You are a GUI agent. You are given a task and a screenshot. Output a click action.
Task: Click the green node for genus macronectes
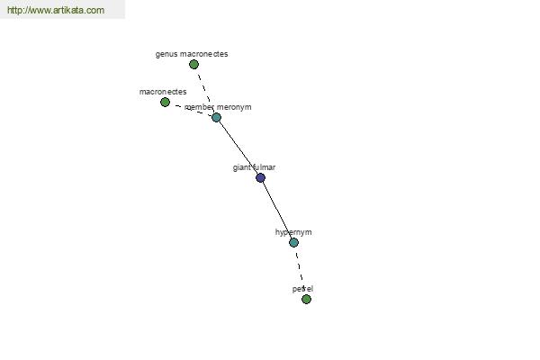[193, 65]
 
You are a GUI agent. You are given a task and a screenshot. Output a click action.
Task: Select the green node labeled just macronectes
[165, 103]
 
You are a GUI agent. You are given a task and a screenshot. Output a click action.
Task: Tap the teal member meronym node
[216, 118]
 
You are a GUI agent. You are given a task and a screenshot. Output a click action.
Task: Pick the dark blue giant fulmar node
[261, 178]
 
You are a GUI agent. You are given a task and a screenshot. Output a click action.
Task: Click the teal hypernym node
[293, 242]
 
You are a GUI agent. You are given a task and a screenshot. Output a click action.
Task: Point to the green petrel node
[306, 299]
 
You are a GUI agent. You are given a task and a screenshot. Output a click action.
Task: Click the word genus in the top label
[166, 54]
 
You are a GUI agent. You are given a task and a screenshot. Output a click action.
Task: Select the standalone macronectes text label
[163, 92]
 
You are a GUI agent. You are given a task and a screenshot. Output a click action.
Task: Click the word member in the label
[200, 107]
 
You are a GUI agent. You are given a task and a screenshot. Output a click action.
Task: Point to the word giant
[242, 167]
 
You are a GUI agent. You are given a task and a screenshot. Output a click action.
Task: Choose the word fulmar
[264, 167]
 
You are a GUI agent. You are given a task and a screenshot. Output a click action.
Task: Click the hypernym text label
[293, 232]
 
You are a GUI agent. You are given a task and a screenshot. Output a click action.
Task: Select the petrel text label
[302, 289]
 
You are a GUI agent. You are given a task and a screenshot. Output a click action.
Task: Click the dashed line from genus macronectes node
[204, 90]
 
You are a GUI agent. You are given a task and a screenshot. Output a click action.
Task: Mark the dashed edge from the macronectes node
[191, 110]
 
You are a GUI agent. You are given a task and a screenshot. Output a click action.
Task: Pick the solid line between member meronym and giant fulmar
[238, 148]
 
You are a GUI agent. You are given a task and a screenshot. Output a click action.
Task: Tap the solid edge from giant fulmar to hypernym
[277, 210]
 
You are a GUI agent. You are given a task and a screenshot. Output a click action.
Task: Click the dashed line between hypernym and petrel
[300, 267]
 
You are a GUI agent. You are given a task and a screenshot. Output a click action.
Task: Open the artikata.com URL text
[56, 10]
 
